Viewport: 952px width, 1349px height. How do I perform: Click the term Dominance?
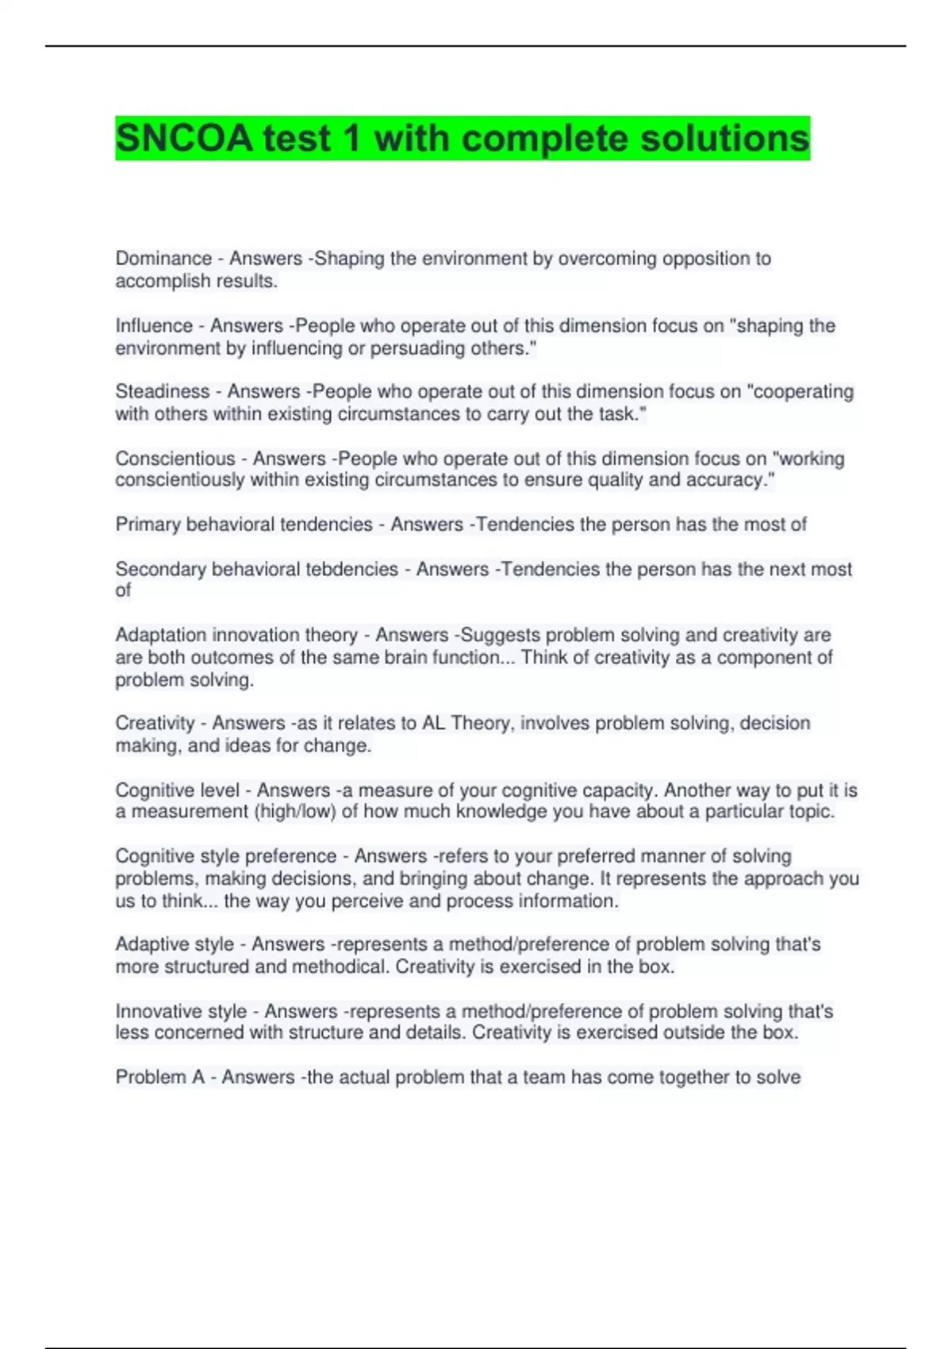coord(163,259)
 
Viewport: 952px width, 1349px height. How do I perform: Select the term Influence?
coord(154,326)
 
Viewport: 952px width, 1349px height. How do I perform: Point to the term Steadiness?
coord(163,392)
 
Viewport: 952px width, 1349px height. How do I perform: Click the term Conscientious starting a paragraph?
coord(175,459)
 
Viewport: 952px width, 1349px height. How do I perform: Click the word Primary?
coord(147,525)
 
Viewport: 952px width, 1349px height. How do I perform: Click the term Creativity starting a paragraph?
coord(155,723)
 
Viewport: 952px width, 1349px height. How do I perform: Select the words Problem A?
coord(159,1078)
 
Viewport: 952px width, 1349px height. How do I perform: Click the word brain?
coord(409,658)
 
